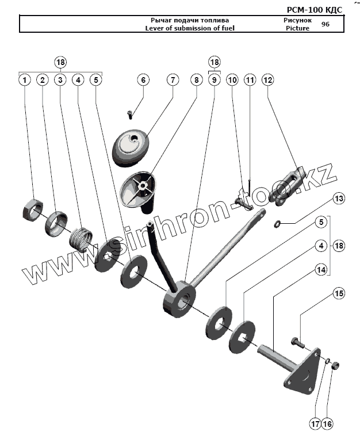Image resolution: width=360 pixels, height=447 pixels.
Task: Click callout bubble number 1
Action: pos(24,80)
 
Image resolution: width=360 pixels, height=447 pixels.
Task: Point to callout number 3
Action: pos(60,80)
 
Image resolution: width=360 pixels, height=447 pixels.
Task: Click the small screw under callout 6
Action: pos(130,114)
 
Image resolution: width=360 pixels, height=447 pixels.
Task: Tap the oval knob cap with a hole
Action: pos(132,146)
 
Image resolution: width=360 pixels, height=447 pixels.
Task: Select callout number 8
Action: pos(196,80)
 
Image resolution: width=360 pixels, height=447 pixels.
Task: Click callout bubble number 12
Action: pos(267,80)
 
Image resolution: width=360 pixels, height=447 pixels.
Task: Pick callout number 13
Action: pos(339,198)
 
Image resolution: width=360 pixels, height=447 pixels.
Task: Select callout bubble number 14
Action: pos(321,268)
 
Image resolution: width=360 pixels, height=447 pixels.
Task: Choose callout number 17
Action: pos(315,425)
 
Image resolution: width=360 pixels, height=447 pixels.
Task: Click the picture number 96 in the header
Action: pos(325,24)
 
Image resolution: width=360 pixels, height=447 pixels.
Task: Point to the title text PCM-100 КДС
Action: pos(315,10)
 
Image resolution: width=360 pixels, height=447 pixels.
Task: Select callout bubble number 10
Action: pos(232,80)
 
